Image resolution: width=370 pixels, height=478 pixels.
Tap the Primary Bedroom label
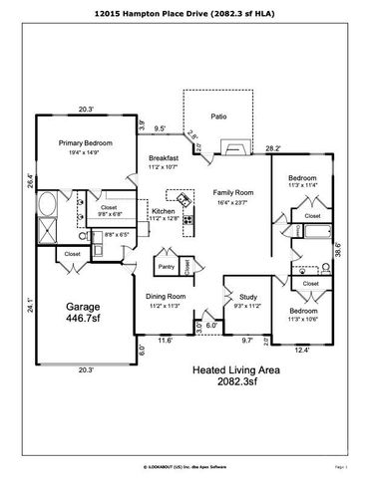point(84,143)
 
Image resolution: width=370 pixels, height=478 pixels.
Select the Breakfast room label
point(165,158)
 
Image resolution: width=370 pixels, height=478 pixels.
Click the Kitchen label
point(165,211)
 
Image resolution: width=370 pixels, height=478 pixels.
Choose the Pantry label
point(167,266)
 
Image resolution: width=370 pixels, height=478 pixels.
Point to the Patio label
point(218,117)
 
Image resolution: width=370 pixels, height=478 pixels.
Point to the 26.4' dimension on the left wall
point(31,182)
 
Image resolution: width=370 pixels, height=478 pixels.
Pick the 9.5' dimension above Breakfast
point(159,127)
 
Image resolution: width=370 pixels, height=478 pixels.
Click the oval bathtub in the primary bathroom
point(48,207)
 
